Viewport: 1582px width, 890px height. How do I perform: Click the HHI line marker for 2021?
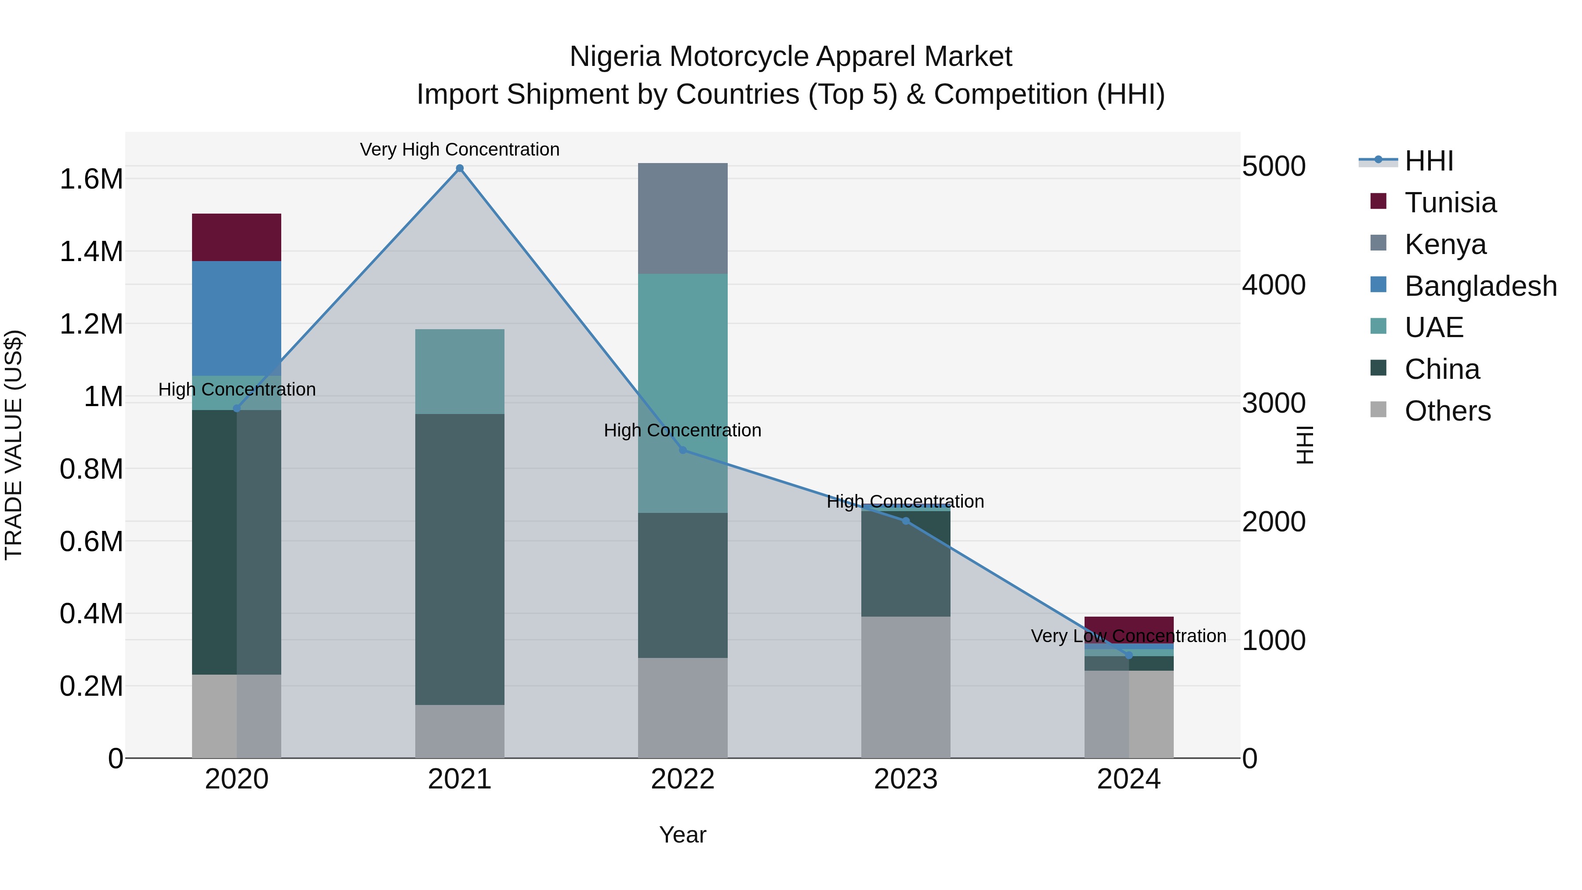click(x=459, y=168)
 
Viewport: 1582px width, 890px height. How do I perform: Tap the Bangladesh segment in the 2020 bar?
click(x=236, y=318)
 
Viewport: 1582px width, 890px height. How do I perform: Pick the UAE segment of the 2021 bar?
click(x=459, y=371)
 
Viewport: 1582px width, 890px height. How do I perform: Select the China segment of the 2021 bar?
click(x=459, y=559)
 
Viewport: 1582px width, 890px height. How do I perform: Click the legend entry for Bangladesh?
click(x=1480, y=286)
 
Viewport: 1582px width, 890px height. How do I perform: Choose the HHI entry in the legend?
click(x=1429, y=161)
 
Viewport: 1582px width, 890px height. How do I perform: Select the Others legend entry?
click(x=1447, y=411)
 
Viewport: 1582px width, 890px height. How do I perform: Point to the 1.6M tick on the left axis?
click(x=91, y=179)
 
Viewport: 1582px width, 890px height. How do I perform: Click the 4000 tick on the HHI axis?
click(x=1274, y=285)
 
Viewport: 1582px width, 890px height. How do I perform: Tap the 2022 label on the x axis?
click(x=682, y=779)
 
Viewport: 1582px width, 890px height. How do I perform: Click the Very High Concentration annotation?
click(x=459, y=149)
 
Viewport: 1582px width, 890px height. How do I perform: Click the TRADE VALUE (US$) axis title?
click(x=14, y=445)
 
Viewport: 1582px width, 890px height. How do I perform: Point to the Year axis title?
click(x=682, y=835)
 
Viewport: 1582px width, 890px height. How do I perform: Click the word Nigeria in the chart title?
click(x=615, y=57)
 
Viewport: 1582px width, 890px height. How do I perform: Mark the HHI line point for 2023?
click(x=905, y=521)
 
